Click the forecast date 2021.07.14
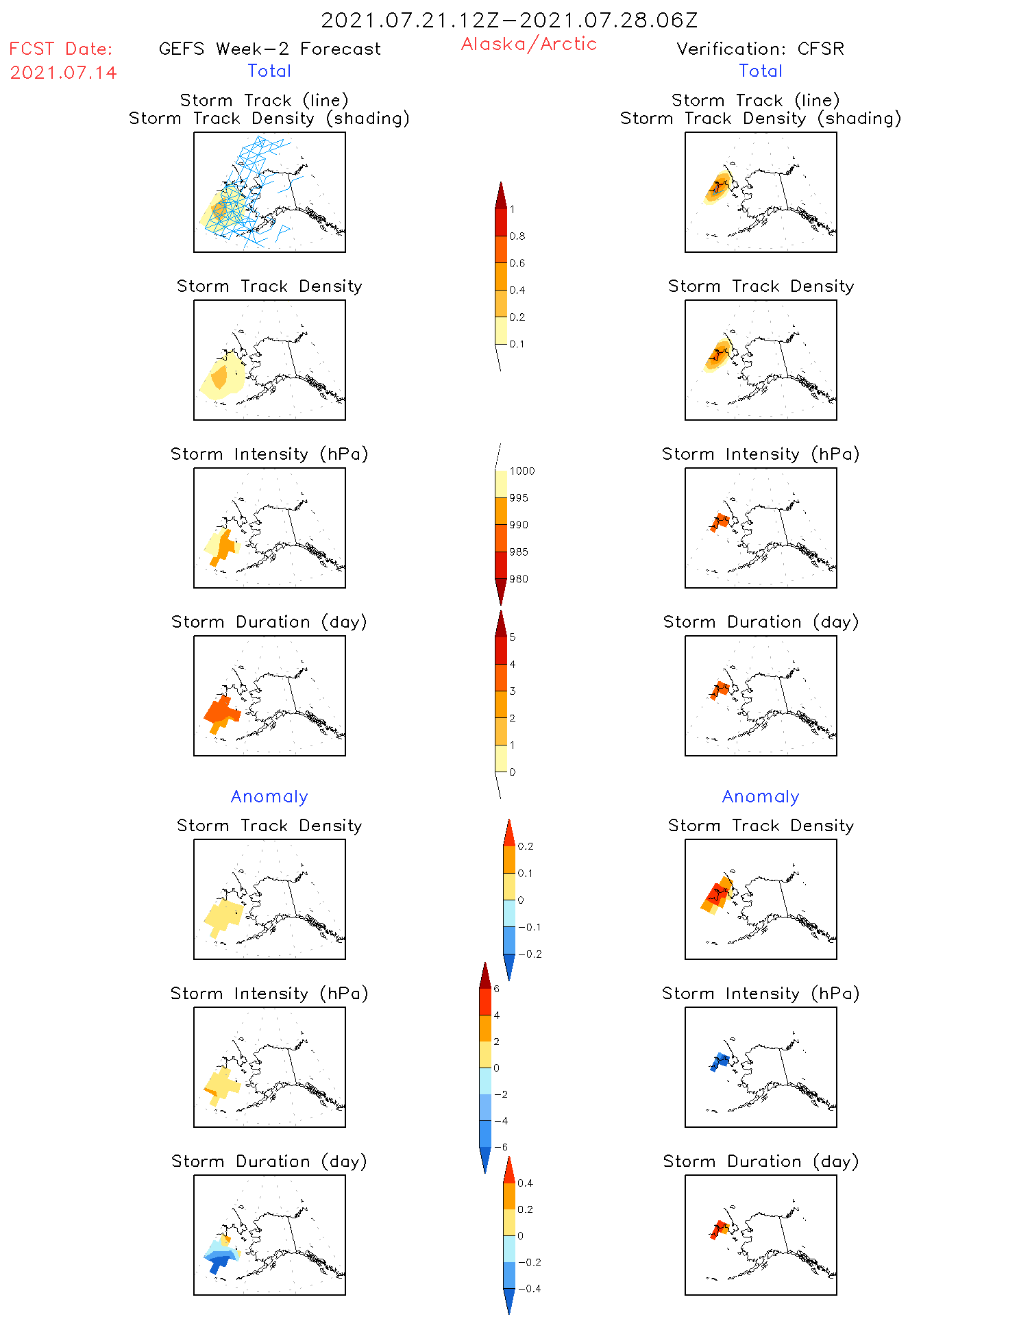tap(63, 73)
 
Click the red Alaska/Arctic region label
tap(528, 44)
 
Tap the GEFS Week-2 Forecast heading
tap(269, 49)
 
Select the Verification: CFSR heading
tap(760, 49)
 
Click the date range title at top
tap(509, 20)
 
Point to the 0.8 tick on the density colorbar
tap(517, 236)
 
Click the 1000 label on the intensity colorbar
tap(521, 471)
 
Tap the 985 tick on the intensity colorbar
tap(519, 552)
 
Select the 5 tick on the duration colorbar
tap(512, 637)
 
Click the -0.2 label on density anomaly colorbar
tap(530, 954)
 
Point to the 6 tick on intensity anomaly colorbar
tap(496, 989)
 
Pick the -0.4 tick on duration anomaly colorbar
tap(529, 1289)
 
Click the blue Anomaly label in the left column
tap(269, 796)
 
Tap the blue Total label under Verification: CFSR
tap(760, 71)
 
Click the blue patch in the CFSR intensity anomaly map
tap(719, 1061)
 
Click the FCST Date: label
tap(60, 49)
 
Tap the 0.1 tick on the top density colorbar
tap(517, 344)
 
